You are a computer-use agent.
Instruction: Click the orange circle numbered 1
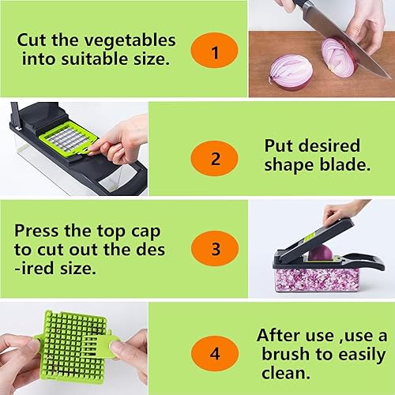tap(214, 53)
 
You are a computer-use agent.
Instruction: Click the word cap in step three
tap(139, 235)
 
